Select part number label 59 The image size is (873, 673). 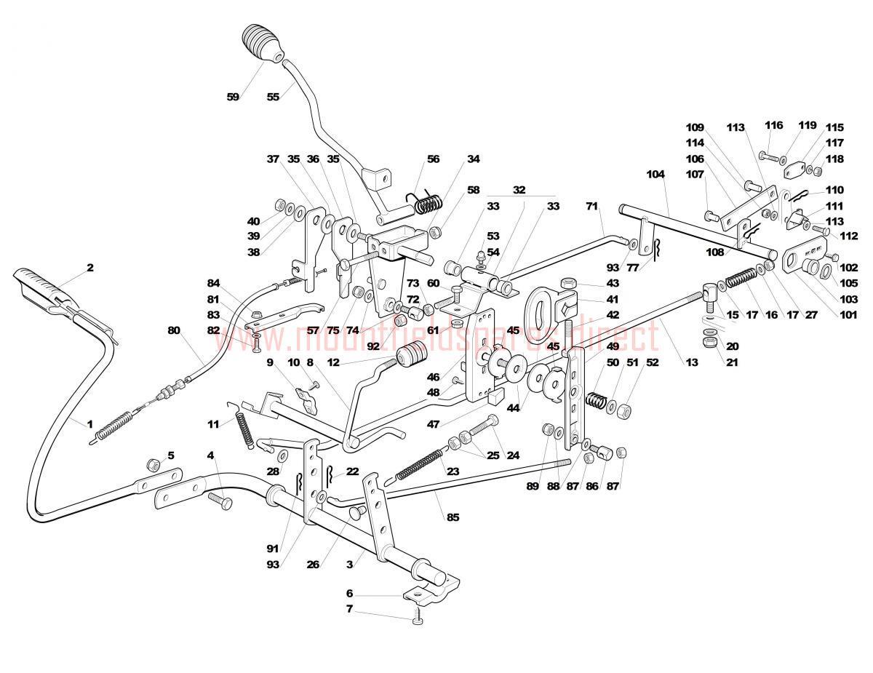click(233, 97)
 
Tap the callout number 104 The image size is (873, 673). click(655, 174)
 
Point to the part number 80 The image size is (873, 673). click(173, 330)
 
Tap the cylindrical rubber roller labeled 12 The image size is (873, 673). click(412, 357)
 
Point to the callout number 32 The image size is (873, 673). click(518, 189)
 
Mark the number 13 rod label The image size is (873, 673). click(691, 362)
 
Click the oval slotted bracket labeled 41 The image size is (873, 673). click(549, 308)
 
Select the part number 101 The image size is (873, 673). click(848, 315)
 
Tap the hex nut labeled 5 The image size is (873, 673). click(154, 465)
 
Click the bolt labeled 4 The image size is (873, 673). click(219, 500)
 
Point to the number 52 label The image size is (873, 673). click(652, 362)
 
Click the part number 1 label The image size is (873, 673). click(90, 423)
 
